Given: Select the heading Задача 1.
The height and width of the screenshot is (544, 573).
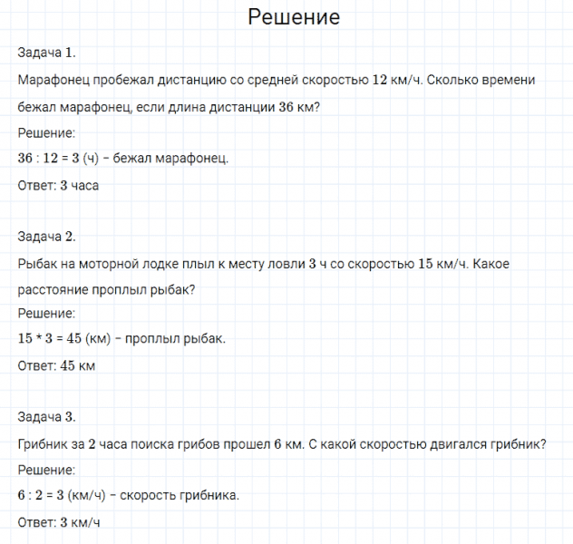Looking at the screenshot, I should [53, 53].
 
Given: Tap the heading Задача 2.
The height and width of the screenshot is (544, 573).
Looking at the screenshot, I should [53, 237].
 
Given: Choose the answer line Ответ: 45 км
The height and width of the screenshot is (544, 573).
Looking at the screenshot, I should [56, 366].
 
